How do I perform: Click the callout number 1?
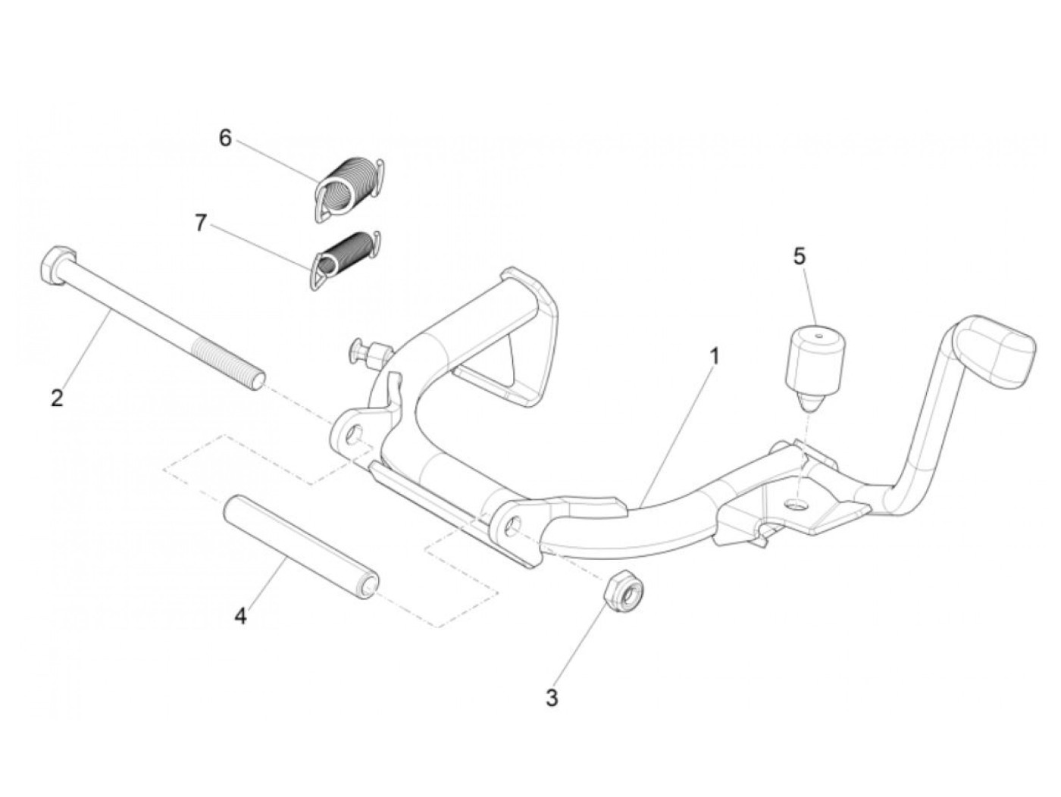[x=715, y=356]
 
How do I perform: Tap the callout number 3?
[x=552, y=698]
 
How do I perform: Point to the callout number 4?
[x=240, y=617]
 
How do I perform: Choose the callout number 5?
[x=800, y=256]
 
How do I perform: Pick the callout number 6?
[x=224, y=138]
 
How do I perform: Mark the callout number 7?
[x=200, y=223]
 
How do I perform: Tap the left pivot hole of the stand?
[x=352, y=436]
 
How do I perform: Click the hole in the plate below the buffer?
[x=796, y=505]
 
